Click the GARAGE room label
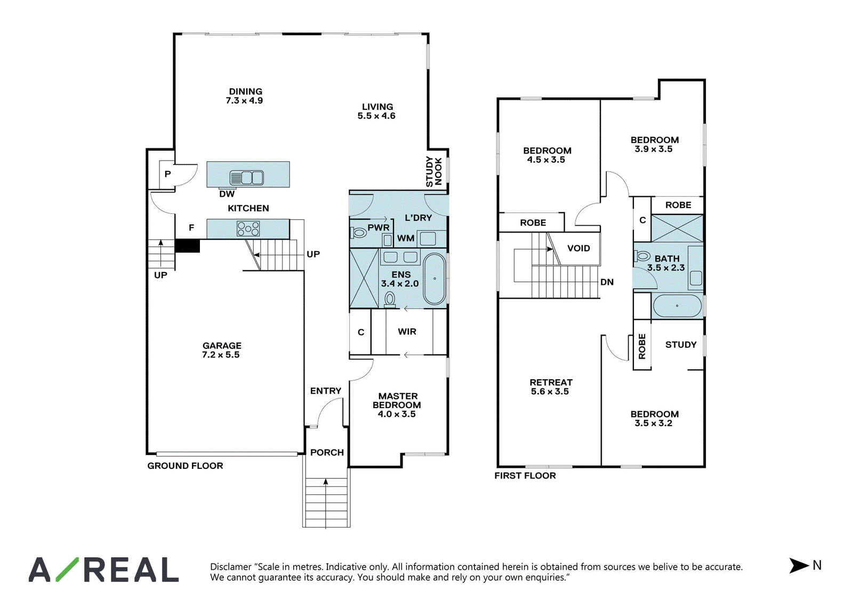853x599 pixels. (222, 346)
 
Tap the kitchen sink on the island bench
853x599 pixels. (246, 178)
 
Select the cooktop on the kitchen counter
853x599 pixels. (248, 229)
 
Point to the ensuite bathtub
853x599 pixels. (434, 279)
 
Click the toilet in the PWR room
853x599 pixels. (358, 231)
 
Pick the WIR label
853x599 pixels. (407, 332)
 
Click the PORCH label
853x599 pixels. (327, 452)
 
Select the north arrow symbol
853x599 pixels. (799, 565)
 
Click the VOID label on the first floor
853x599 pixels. (578, 248)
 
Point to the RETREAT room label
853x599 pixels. (551, 382)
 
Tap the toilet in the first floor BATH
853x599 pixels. (642, 255)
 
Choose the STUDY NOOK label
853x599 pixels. (434, 171)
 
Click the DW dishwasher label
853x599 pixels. (227, 194)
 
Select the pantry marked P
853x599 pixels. (167, 174)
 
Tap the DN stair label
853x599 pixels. (607, 282)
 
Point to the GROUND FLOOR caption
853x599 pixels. (185, 466)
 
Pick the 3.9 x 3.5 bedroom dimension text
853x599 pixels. (654, 149)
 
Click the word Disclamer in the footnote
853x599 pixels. (231, 566)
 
